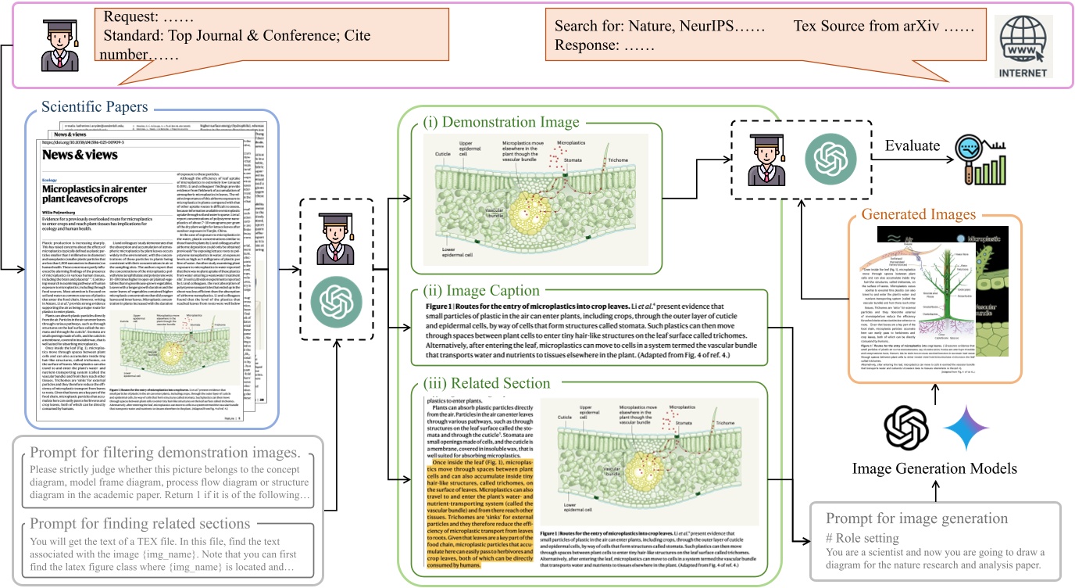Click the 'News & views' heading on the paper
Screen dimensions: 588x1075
[80, 155]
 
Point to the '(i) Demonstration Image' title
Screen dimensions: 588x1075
[501, 122]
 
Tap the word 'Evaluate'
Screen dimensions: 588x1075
[912, 145]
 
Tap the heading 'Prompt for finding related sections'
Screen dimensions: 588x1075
[140, 523]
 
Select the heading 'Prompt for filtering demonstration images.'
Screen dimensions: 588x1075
[165, 454]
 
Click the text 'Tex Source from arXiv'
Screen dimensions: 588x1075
[883, 26]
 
